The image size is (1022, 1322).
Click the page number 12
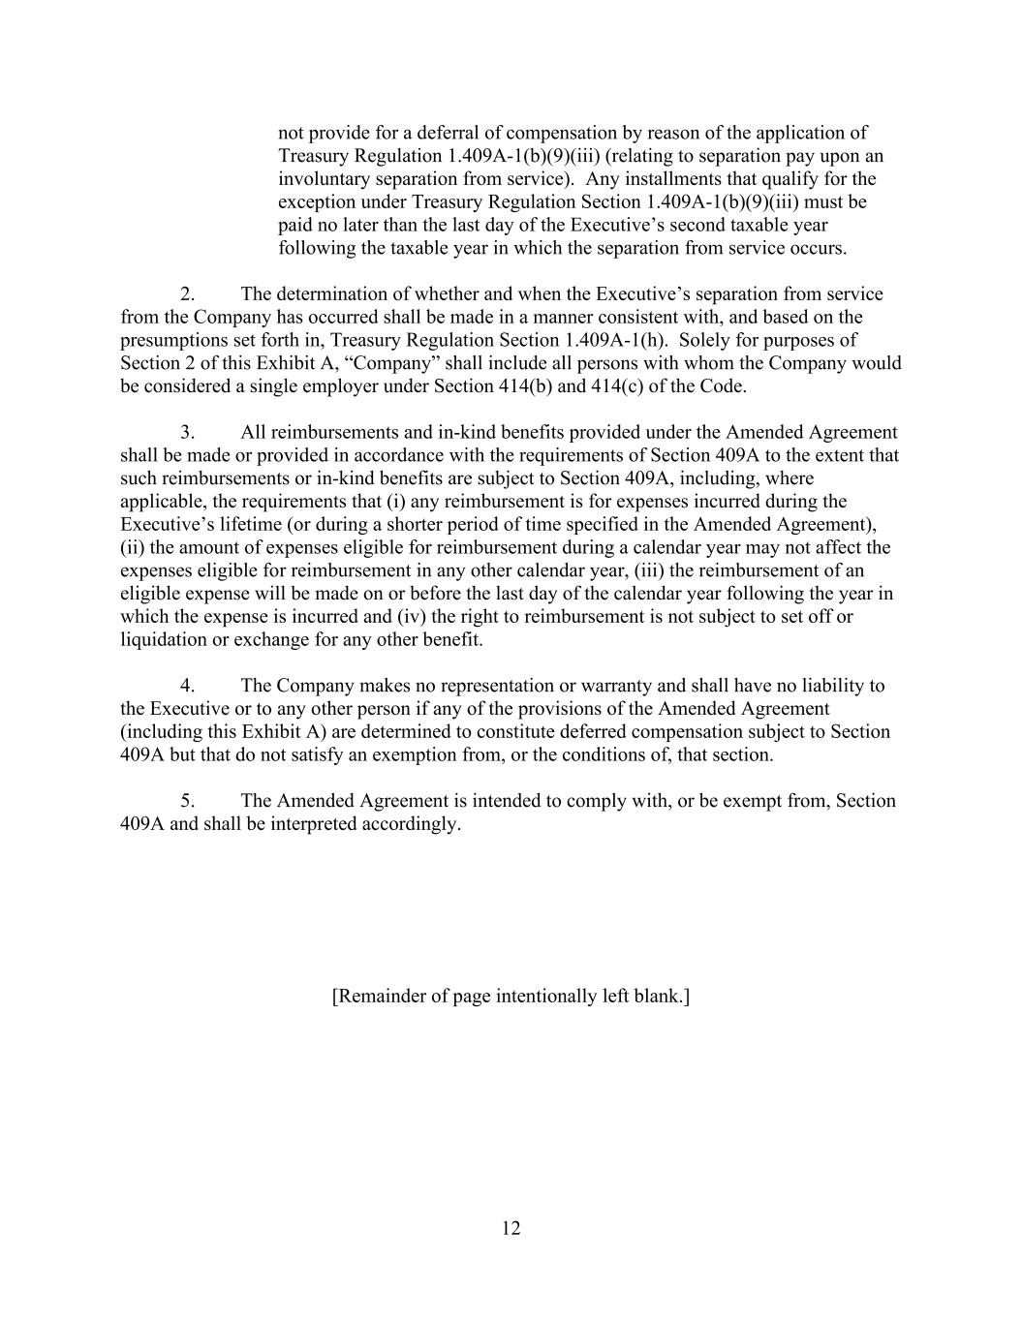click(511, 1228)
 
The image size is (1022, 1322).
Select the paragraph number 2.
click(187, 293)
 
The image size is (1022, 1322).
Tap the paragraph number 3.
click(187, 432)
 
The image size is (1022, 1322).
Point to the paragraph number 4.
click(187, 686)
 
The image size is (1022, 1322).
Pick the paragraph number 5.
click(187, 801)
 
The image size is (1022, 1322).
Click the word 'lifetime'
click(235, 524)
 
